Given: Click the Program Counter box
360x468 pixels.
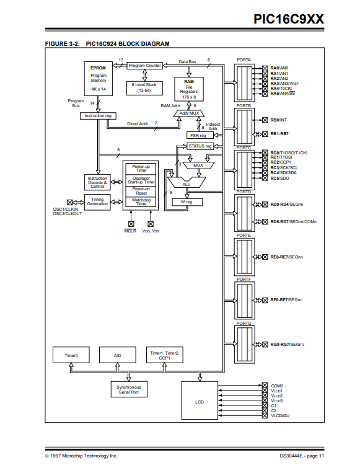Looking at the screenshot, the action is point(145,65).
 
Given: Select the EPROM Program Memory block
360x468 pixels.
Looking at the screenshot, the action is point(98,79).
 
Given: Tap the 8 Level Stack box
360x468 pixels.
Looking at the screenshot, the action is point(144,88).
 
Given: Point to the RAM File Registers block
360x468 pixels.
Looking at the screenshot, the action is point(189,89).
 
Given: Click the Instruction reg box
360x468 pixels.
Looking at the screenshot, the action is point(98,116).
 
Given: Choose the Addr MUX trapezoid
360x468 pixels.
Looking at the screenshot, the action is point(189,113).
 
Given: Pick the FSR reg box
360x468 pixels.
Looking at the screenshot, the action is point(200,135).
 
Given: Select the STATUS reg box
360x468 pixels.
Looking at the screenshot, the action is point(200,146).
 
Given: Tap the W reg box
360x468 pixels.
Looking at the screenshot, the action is point(187,202).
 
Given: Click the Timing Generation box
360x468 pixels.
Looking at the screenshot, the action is point(97,202).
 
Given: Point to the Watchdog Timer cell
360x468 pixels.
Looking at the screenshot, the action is point(141,202).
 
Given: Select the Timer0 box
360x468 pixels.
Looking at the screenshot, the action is point(71,355).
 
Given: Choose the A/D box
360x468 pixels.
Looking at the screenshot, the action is point(118,355).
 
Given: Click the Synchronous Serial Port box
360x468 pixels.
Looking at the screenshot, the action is point(129,389).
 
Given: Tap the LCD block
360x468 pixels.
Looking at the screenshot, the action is point(200,400).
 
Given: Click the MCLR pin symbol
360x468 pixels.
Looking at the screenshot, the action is point(131,224).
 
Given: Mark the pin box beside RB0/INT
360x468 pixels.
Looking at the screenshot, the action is point(265,120).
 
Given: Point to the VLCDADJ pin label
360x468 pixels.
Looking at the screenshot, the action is point(280,416).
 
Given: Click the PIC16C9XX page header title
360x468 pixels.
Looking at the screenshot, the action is point(289,19).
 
